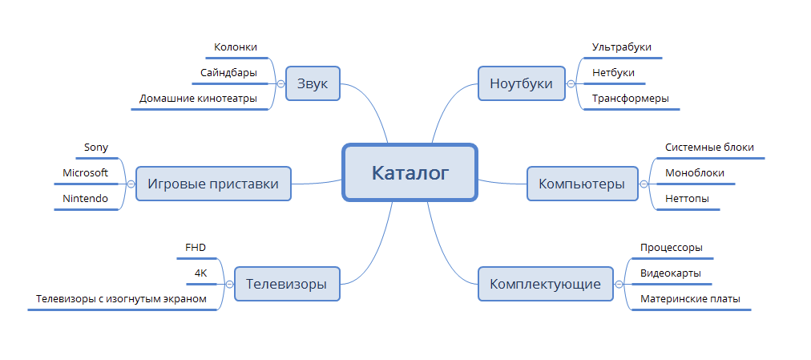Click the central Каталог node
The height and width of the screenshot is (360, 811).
click(410, 172)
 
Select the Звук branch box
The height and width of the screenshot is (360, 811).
click(313, 83)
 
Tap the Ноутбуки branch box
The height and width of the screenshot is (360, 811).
click(521, 83)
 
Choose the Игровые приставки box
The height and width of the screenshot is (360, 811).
click(212, 184)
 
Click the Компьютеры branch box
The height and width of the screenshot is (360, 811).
click(582, 184)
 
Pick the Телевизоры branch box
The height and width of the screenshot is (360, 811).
click(286, 284)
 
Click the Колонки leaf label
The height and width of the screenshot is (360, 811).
click(236, 48)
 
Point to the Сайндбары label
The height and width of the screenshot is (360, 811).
click(229, 73)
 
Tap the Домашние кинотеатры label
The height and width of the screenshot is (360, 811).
click(198, 99)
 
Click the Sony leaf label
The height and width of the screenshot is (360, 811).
click(96, 148)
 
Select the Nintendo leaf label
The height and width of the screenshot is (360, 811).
click(86, 199)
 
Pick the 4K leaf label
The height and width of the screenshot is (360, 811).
click(200, 273)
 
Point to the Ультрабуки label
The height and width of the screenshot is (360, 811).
click(621, 48)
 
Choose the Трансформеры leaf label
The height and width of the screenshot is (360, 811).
click(630, 99)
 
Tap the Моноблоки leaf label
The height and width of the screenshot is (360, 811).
click(695, 173)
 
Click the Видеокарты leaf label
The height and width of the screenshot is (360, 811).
click(671, 273)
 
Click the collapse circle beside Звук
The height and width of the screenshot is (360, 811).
click(280, 83)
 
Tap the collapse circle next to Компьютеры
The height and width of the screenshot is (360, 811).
click(644, 184)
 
